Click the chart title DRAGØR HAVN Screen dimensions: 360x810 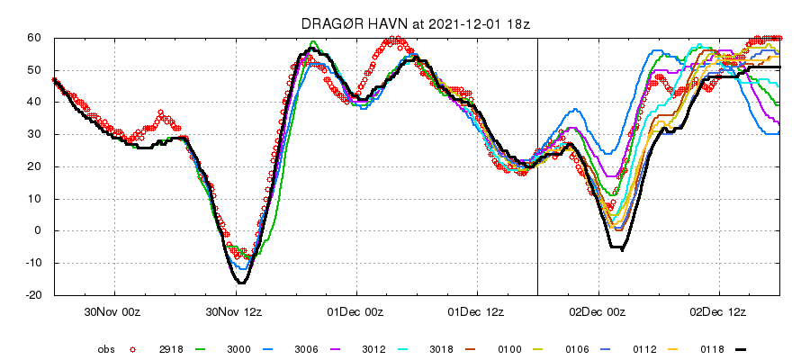[x=353, y=23]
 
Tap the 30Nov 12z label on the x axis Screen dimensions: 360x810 [x=235, y=312]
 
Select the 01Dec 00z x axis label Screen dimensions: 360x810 [x=356, y=312]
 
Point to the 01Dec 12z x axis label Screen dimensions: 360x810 [x=477, y=312]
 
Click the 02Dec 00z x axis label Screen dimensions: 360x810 [x=598, y=312]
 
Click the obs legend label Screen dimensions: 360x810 [x=106, y=347]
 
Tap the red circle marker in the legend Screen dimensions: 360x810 [x=132, y=347]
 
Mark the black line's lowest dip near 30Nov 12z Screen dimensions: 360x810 [x=241, y=283]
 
